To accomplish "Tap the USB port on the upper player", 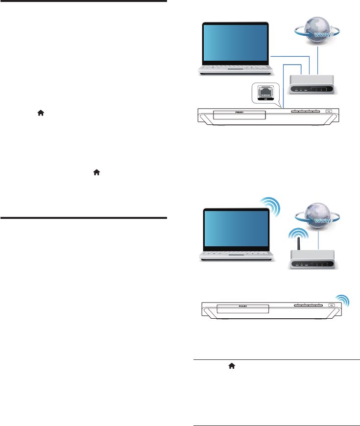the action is coord(329,111).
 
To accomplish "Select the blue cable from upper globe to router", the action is coord(318,61).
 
